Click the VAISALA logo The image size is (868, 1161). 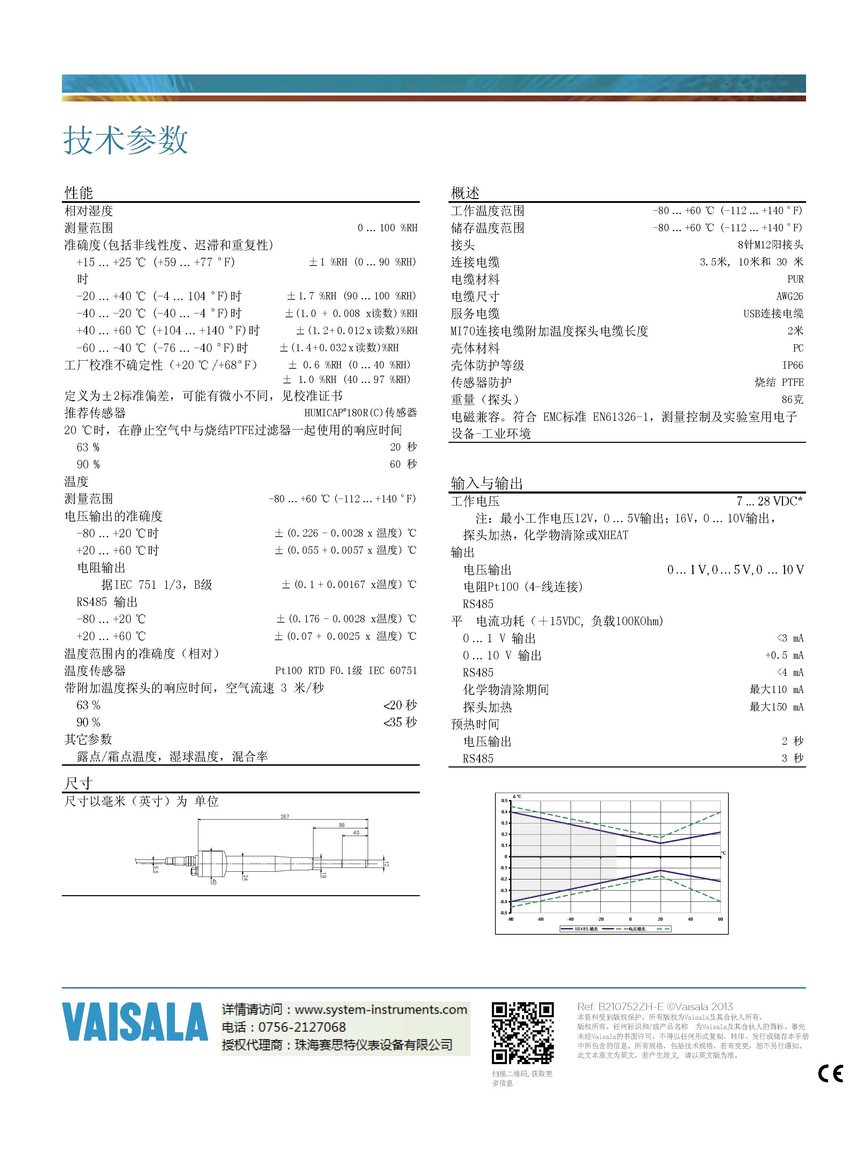(x=135, y=1021)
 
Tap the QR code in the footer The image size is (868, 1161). (x=522, y=1032)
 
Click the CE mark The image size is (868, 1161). (x=830, y=1074)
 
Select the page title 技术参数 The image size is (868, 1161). (x=126, y=140)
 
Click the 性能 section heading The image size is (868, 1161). (x=79, y=193)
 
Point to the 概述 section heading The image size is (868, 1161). (x=465, y=193)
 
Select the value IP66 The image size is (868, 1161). (x=792, y=365)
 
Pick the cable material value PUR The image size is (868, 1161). (x=795, y=279)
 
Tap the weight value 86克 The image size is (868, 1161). (x=792, y=399)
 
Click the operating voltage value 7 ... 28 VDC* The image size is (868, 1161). (x=770, y=501)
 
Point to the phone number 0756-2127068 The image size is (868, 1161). (x=302, y=1027)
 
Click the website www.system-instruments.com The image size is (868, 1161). (x=381, y=1009)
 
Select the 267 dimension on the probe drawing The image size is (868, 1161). (x=284, y=817)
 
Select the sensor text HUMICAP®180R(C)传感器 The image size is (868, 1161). (x=360, y=412)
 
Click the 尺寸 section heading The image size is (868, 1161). (x=79, y=784)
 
